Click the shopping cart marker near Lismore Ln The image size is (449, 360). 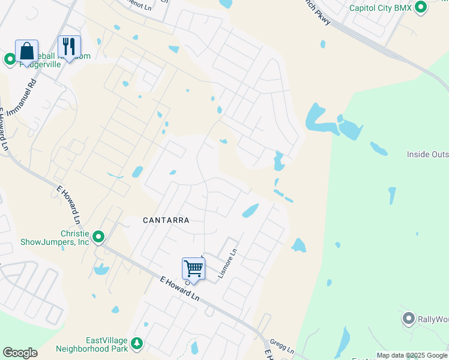(x=193, y=268)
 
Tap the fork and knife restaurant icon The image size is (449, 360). (x=69, y=46)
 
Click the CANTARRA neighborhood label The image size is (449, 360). (x=166, y=220)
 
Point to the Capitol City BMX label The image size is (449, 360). (x=381, y=8)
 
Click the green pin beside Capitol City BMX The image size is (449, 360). (x=421, y=7)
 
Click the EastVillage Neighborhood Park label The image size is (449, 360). (x=92, y=343)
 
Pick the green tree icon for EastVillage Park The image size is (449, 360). (x=138, y=343)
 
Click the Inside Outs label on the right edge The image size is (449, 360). (x=427, y=154)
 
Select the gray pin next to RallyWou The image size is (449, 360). (x=409, y=318)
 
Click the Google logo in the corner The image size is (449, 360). (x=20, y=353)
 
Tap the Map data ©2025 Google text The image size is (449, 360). (x=412, y=355)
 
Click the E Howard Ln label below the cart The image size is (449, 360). (x=179, y=289)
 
